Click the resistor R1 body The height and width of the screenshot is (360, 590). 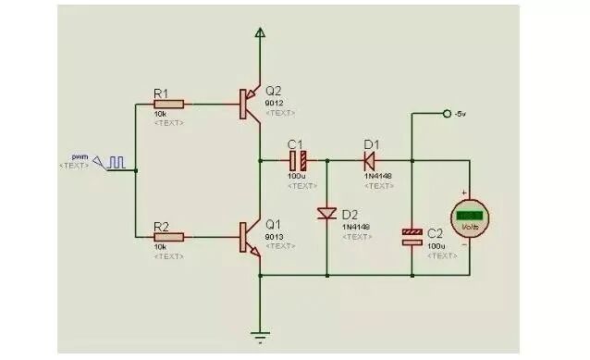pos(169,105)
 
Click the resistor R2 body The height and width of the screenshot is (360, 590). pos(169,237)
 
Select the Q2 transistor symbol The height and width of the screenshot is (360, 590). pos(248,104)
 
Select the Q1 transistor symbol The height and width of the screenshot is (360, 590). pos(248,237)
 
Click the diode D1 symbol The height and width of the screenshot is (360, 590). pos(369,159)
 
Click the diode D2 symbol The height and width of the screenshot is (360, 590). pos(326,214)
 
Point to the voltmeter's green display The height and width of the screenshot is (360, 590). pos(470,214)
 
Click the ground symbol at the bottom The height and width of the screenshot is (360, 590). pos(260,337)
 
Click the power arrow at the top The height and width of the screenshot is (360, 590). pos(260,34)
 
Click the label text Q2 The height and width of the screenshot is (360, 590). pos(274,91)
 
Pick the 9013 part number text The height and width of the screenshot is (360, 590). pos(275,236)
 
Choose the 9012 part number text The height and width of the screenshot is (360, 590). pos(275,103)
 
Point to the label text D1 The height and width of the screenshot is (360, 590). pos(371,143)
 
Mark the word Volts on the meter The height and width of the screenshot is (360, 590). pos(470,225)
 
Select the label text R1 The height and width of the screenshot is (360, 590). pos(161,93)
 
